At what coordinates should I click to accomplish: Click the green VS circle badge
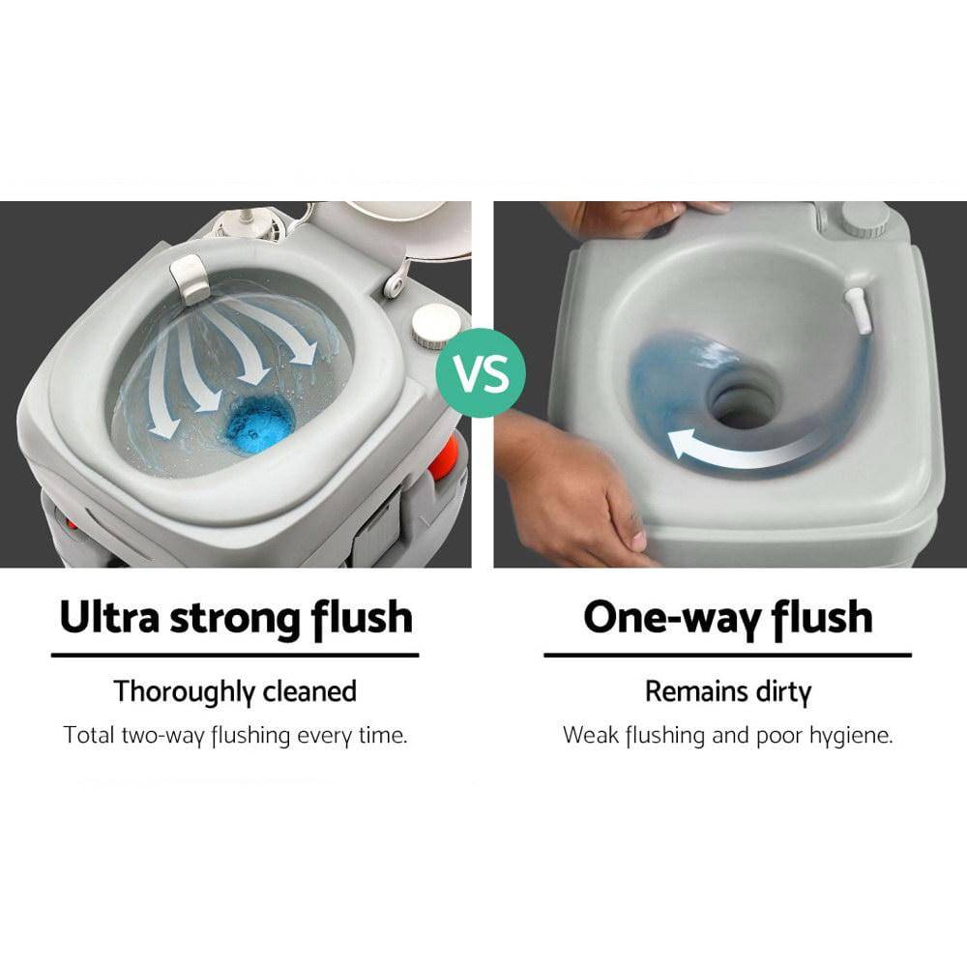(x=481, y=373)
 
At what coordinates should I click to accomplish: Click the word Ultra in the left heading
(x=110, y=617)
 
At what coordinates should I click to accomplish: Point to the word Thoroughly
(x=184, y=692)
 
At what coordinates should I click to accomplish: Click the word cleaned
(x=309, y=690)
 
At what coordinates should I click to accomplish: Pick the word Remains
(x=695, y=691)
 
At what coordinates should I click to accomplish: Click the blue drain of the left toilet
(x=259, y=424)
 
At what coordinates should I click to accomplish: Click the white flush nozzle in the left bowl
(x=190, y=279)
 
